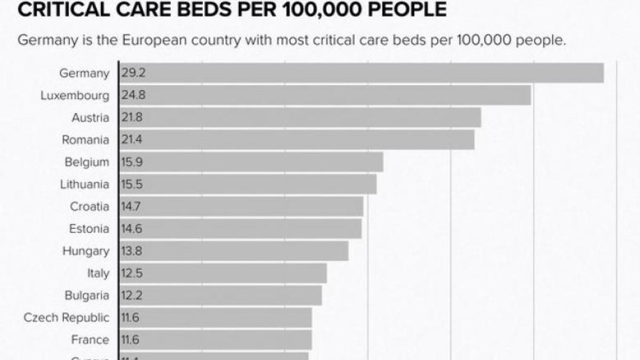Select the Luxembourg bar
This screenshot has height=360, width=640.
[325, 95]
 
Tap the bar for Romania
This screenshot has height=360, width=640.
[297, 140]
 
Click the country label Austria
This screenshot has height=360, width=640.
[90, 118]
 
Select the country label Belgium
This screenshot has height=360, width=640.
[86, 162]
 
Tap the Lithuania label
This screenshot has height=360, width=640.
[84, 185]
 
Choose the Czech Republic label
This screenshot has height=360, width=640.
[66, 318]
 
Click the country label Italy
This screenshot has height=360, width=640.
[98, 274]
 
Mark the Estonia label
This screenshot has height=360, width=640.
[89, 229]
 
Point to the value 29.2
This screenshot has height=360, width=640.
[133, 73]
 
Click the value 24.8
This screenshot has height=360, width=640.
[133, 95]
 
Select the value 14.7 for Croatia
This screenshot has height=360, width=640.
[132, 206]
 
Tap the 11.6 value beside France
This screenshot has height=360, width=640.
[131, 340]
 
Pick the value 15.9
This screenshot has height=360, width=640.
[132, 162]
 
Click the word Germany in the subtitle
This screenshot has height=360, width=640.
[43, 41]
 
